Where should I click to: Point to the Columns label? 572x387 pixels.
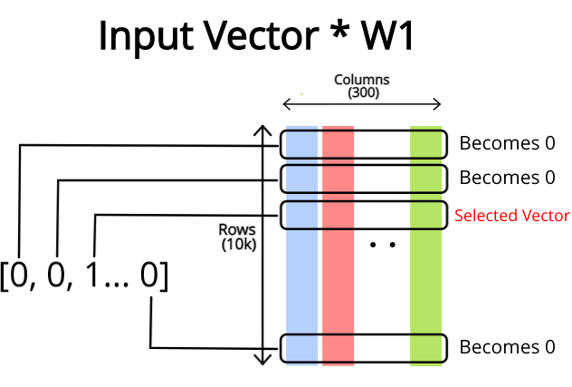pyautogui.click(x=362, y=80)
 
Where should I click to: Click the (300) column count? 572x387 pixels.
pyautogui.click(x=362, y=92)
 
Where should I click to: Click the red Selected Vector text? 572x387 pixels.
pyautogui.click(x=512, y=216)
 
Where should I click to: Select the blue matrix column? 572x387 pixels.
pyautogui.click(x=302, y=272)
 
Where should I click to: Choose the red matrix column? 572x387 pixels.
pyautogui.click(x=338, y=272)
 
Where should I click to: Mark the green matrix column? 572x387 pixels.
pyautogui.click(x=425, y=272)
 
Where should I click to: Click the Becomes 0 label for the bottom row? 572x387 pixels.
pyautogui.click(x=507, y=347)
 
